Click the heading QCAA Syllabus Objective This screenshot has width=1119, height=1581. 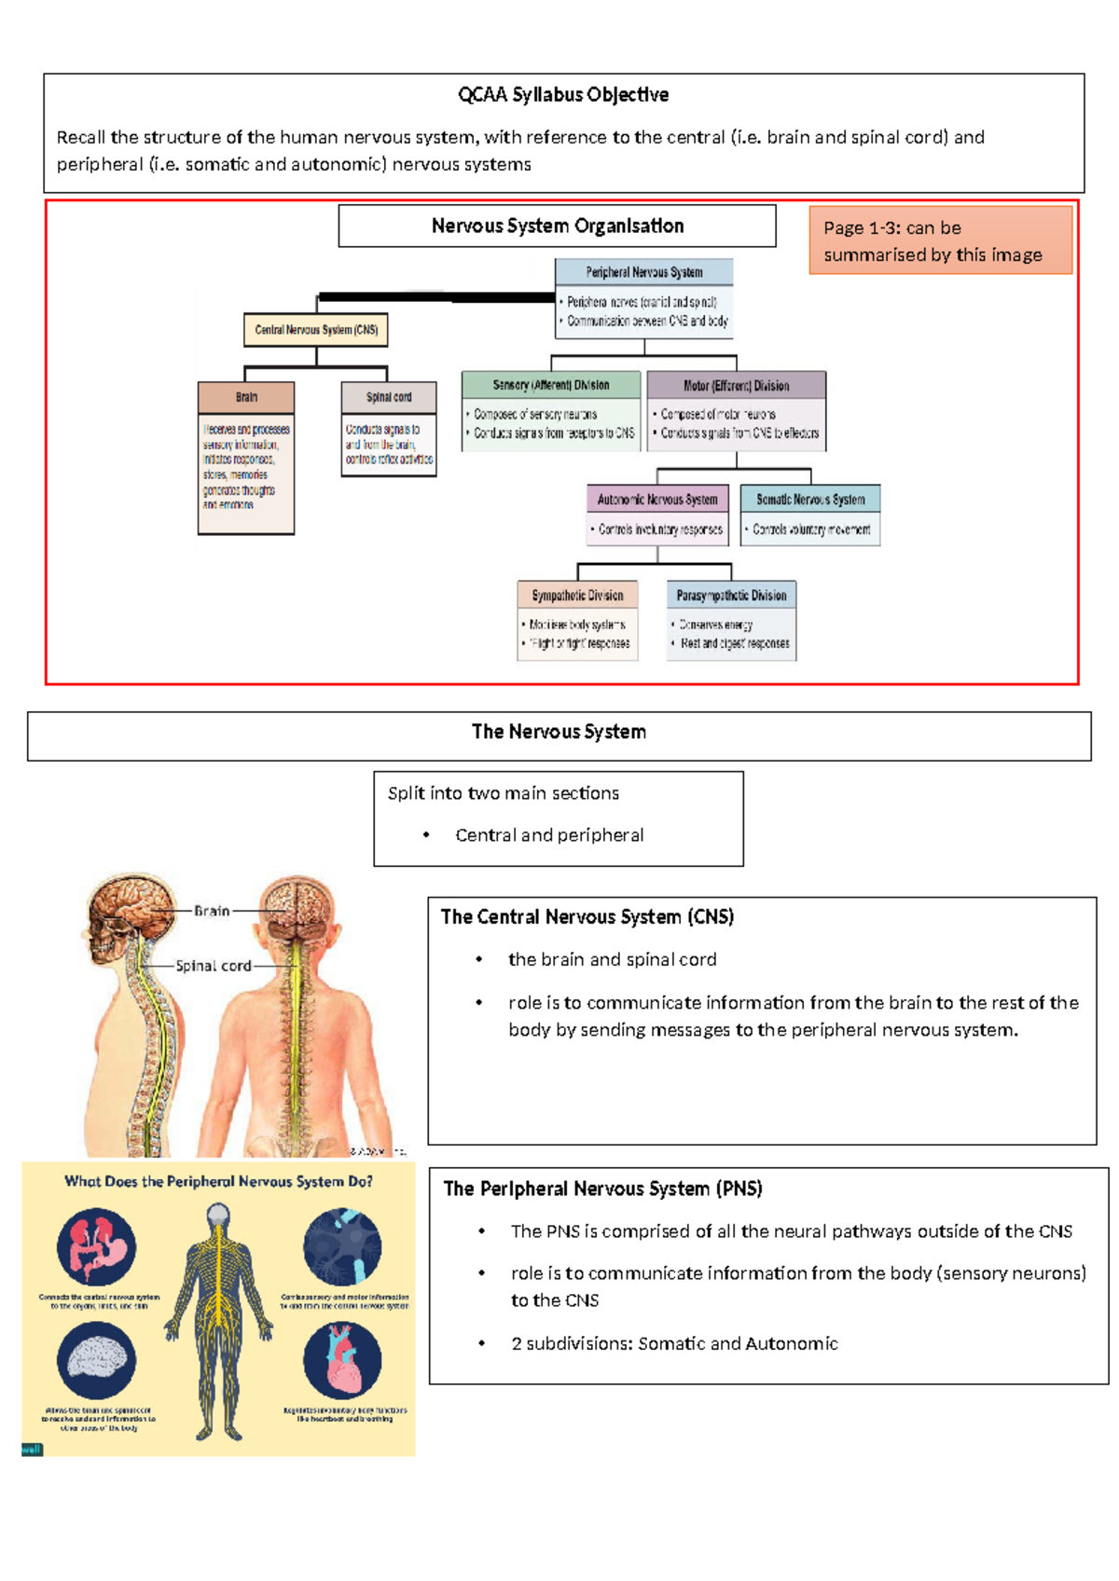pos(562,95)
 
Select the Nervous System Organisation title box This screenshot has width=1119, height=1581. pos(557,227)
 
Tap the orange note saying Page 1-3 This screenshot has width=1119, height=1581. pos(940,241)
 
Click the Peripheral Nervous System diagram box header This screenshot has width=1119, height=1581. pos(643,272)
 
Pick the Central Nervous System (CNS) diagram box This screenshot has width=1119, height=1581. pos(316,330)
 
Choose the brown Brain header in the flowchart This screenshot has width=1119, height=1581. pos(246,397)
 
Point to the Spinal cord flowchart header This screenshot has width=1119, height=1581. pos(389,397)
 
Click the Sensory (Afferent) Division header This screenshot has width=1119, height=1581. pos(551,385)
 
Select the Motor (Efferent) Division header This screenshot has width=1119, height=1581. pos(736,385)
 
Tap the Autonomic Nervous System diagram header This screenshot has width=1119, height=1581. pos(657,500)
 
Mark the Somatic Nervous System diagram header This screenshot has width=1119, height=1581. pos(810,500)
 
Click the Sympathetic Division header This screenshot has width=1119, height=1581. pos(577,596)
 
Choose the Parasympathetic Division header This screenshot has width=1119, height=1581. pos(731,596)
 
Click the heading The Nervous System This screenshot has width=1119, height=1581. pos(559,733)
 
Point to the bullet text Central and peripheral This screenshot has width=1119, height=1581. pos(549,835)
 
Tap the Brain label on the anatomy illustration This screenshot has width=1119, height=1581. pos(212,911)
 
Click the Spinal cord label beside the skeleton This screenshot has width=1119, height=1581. pos(214,967)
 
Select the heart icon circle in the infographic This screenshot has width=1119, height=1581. pos(342,1360)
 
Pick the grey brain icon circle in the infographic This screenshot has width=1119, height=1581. pos(96,1360)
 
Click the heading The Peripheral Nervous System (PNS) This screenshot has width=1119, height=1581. pos(602,1189)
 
